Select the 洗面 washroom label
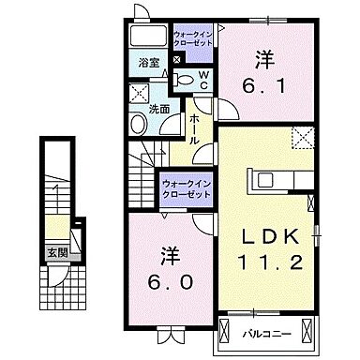[158, 110]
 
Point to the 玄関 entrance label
[58, 252]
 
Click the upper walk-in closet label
[193, 39]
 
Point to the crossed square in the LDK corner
[302, 139]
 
